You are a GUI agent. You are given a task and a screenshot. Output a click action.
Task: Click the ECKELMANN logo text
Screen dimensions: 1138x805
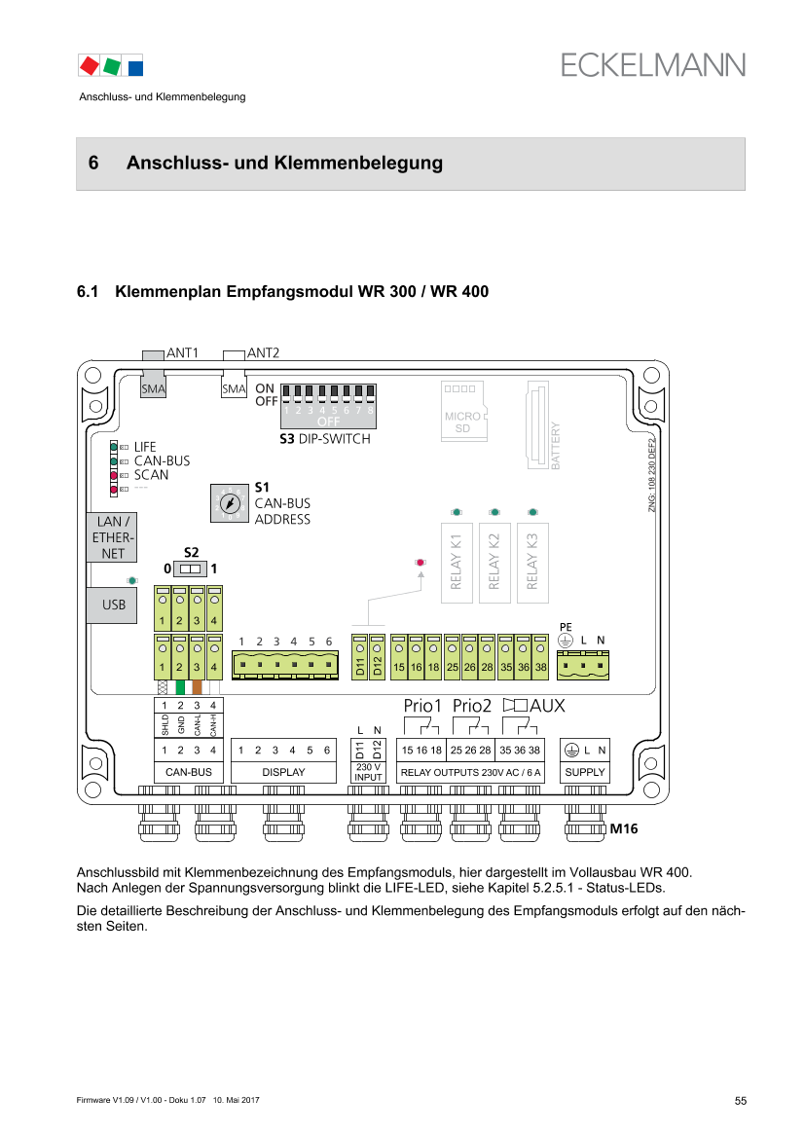point(652,64)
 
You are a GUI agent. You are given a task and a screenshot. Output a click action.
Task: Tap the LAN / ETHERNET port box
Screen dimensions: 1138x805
point(113,537)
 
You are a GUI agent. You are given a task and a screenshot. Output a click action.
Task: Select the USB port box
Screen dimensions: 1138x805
point(113,605)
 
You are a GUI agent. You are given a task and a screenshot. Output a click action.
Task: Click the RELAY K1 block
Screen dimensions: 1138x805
point(457,561)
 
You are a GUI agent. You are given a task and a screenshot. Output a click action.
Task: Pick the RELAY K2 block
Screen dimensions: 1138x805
point(494,561)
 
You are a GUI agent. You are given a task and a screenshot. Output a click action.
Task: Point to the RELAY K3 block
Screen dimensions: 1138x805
point(532,561)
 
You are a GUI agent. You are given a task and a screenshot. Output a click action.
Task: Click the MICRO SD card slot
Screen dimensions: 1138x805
point(463,410)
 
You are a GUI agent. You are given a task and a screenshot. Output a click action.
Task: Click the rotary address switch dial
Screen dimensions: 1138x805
point(229,504)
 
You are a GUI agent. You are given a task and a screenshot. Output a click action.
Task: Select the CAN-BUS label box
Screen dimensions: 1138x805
point(189,772)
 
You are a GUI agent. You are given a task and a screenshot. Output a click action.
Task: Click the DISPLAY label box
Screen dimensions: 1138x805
point(283,772)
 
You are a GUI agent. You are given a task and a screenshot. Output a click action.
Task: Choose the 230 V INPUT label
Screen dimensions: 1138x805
point(368,772)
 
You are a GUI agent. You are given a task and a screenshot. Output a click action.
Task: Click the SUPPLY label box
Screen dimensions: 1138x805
point(585,772)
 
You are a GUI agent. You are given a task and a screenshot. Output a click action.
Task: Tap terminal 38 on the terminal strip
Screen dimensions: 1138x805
point(539,659)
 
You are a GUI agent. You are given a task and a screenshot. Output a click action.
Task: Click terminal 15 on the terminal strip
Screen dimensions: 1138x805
point(399,659)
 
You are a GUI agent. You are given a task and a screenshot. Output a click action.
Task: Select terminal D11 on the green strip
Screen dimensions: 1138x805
point(359,659)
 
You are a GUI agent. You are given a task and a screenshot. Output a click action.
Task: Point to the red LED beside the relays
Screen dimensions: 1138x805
point(421,563)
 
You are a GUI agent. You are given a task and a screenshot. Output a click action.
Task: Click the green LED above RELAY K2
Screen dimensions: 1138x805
point(494,511)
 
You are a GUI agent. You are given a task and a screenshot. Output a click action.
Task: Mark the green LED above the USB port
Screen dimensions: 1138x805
point(131,580)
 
